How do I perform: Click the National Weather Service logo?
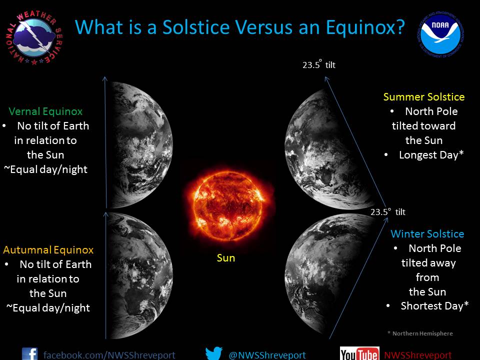pos(34,37)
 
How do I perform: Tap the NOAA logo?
pos(440,34)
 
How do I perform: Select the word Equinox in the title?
pos(365,27)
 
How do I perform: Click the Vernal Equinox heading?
pos(45,111)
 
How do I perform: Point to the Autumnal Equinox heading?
pos(48,250)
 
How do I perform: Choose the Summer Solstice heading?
pos(424,97)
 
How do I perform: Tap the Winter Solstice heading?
pos(427,234)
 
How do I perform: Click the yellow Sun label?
pos(226,258)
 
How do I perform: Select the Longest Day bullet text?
pos(431,155)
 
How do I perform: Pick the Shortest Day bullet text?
pos(434,306)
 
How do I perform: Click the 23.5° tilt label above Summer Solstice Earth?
pos(319,65)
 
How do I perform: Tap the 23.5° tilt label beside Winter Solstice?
pos(388,212)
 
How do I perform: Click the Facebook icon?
pos(29,354)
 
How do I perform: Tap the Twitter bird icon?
pos(214,353)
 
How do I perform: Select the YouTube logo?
pos(359,353)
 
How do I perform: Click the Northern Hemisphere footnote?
pos(420,333)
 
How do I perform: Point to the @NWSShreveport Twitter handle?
pos(267,355)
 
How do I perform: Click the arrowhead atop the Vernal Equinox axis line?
pos(104,78)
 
